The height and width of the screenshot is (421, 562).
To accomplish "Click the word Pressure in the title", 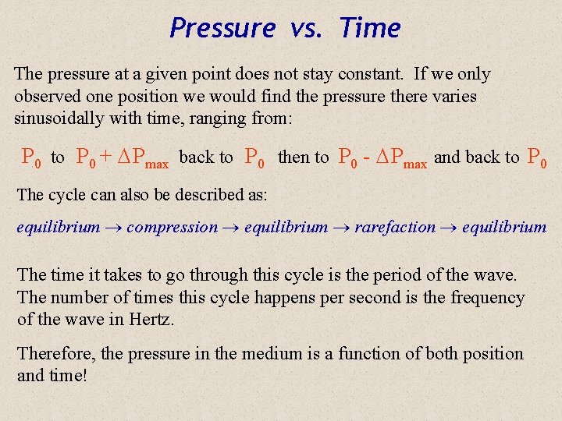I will pyautogui.click(x=222, y=29).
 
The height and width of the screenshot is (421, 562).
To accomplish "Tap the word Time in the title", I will pyautogui.click(x=370, y=29).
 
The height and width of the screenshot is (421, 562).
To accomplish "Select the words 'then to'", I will pyautogui.click(x=304, y=157).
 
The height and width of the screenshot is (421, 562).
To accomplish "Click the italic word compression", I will pyautogui.click(x=172, y=228).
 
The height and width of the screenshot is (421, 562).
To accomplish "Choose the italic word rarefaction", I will pyautogui.click(x=395, y=228).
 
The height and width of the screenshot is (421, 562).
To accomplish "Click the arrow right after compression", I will pyautogui.click(x=231, y=228).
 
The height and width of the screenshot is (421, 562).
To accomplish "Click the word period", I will pyautogui.click(x=397, y=275).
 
